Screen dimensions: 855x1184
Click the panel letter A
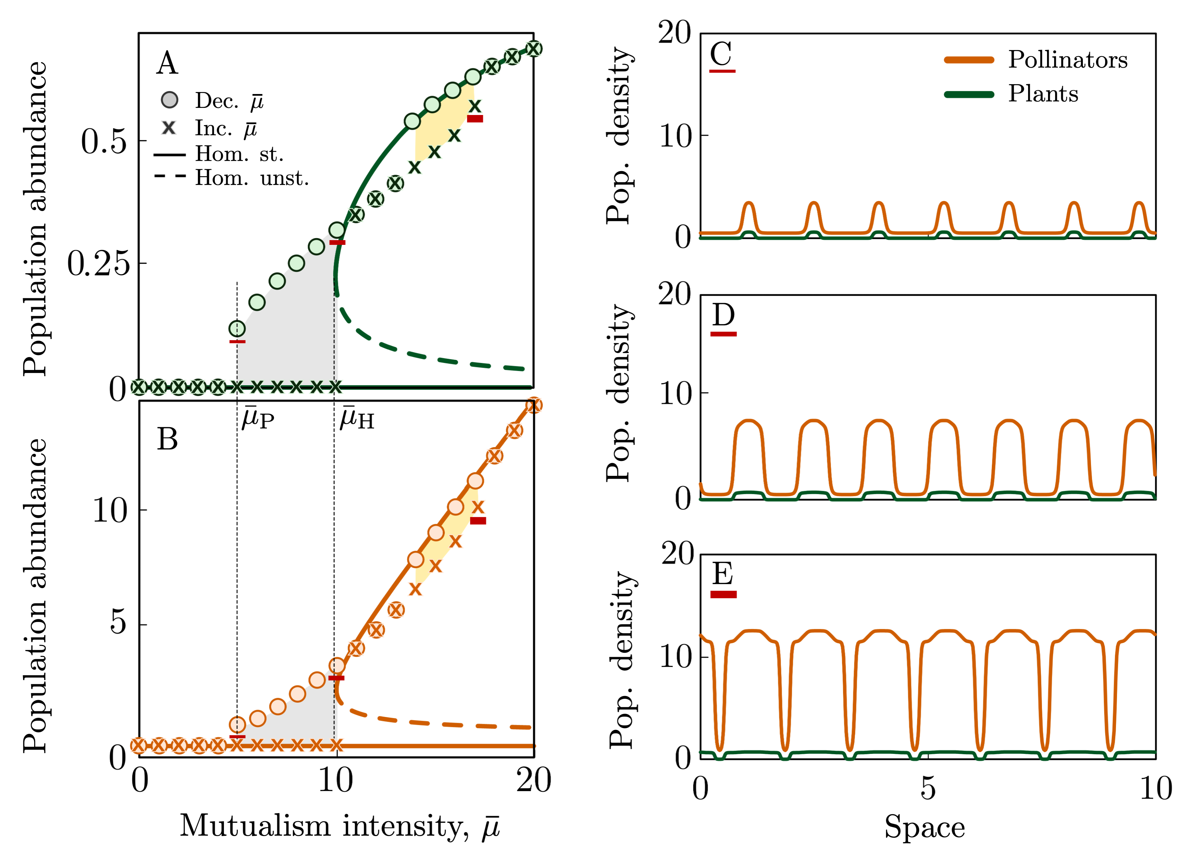pyautogui.click(x=167, y=64)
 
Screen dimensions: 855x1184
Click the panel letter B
pyautogui.click(x=167, y=439)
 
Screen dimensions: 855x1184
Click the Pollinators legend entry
pyautogui.click(x=1068, y=60)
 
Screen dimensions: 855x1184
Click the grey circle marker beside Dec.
pyautogui.click(x=169, y=100)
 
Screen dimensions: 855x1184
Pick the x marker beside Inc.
pyautogui.click(x=168, y=128)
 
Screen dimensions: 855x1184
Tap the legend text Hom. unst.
pyautogui.click(x=252, y=179)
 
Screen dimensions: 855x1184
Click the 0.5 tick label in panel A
pyautogui.click(x=104, y=141)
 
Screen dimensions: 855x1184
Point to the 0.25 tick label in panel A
pyautogui.click(x=98, y=263)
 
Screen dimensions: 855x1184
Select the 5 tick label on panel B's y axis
pyautogui.click(x=118, y=623)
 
